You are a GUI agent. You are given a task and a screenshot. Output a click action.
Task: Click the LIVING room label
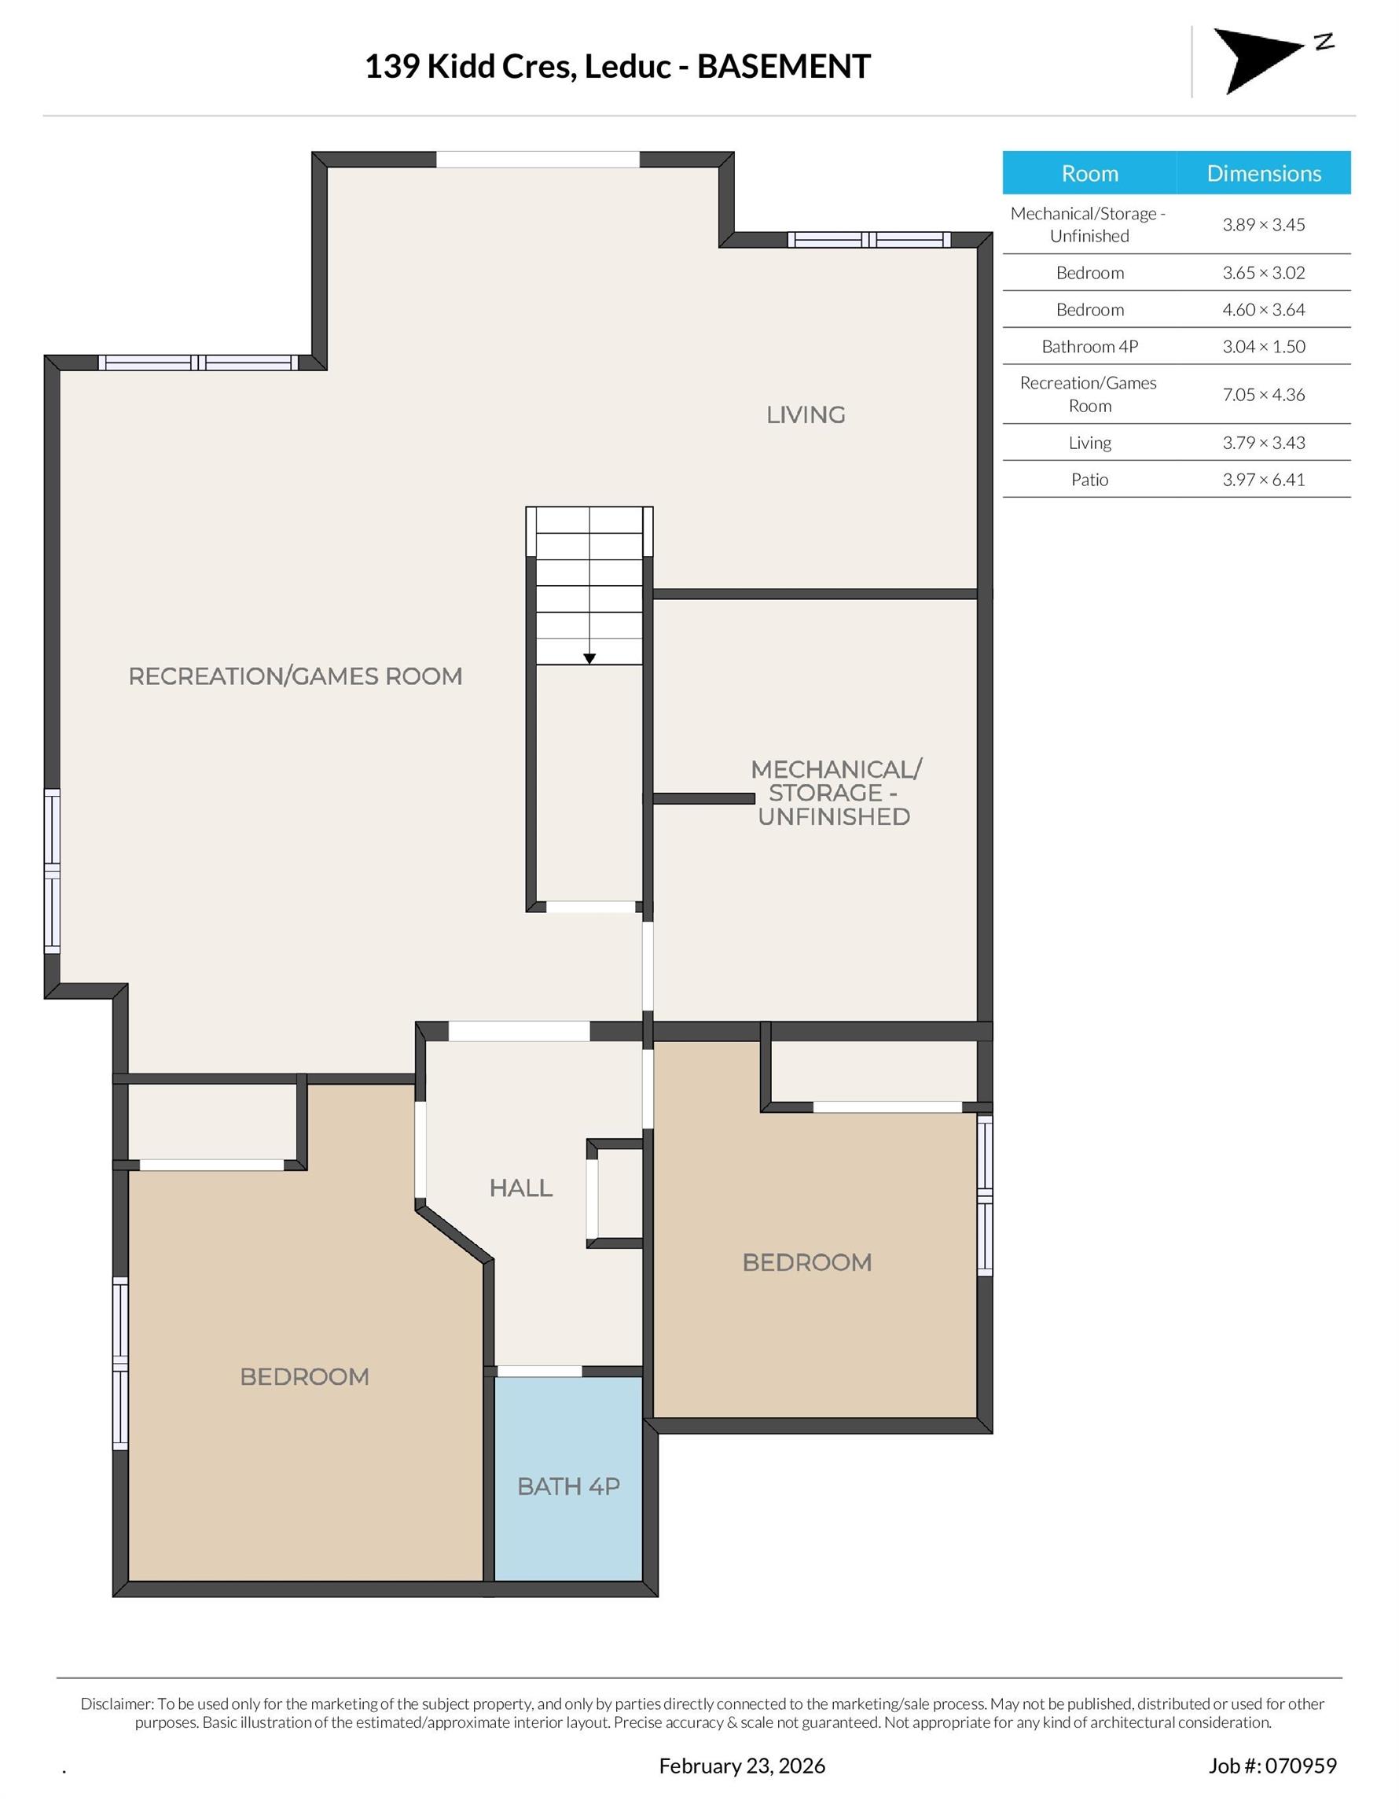click(x=806, y=414)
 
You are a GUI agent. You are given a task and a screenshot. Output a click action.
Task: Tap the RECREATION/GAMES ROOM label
click(x=296, y=676)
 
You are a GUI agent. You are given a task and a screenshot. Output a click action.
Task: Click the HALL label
click(x=520, y=1188)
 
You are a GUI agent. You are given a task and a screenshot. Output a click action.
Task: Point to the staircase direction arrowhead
click(x=589, y=659)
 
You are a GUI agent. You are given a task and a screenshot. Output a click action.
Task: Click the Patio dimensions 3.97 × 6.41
click(x=1263, y=480)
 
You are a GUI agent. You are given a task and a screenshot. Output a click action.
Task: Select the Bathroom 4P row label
click(x=1089, y=347)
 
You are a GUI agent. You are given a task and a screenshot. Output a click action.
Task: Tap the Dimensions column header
click(x=1263, y=173)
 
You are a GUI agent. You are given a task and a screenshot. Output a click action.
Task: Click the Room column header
click(x=1089, y=173)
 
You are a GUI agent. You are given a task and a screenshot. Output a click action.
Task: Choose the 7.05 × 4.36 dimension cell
click(x=1263, y=395)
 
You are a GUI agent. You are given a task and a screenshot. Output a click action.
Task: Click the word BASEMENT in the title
click(x=783, y=66)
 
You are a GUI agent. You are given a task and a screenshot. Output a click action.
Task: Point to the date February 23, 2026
click(x=741, y=1766)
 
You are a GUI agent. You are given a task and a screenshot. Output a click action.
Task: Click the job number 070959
click(x=1299, y=1766)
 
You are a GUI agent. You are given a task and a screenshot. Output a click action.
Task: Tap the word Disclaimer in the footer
click(x=116, y=1703)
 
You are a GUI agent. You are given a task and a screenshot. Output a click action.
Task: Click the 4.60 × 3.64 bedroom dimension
click(x=1263, y=309)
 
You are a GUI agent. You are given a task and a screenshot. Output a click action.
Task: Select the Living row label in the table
click(x=1089, y=443)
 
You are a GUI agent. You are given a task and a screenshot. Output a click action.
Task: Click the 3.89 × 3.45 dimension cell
click(x=1263, y=225)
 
